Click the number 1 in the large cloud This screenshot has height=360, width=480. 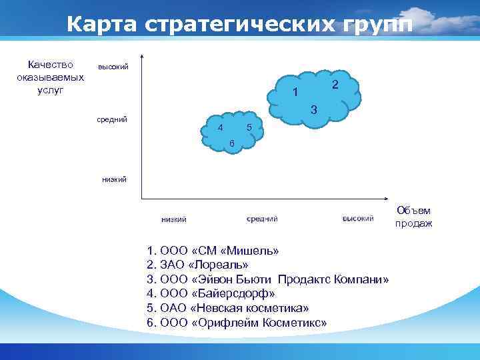click(x=295, y=92)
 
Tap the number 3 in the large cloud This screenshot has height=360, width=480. click(x=313, y=109)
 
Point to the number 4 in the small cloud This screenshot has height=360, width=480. click(x=220, y=127)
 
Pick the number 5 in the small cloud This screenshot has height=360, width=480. click(x=248, y=127)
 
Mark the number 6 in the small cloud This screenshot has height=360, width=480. click(x=231, y=144)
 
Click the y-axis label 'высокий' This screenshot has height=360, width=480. click(x=113, y=67)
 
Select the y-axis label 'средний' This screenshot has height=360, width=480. click(x=112, y=120)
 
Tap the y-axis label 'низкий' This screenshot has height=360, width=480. click(x=114, y=179)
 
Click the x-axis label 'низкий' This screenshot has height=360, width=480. click(x=174, y=219)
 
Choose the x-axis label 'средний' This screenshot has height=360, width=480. click(x=262, y=219)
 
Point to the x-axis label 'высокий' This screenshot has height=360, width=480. click(x=358, y=219)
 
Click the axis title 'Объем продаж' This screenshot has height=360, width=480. click(x=413, y=217)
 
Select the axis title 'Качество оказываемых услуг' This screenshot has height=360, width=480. click(x=51, y=77)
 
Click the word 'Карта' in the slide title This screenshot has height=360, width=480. click(x=101, y=24)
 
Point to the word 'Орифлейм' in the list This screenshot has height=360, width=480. click(x=222, y=322)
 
